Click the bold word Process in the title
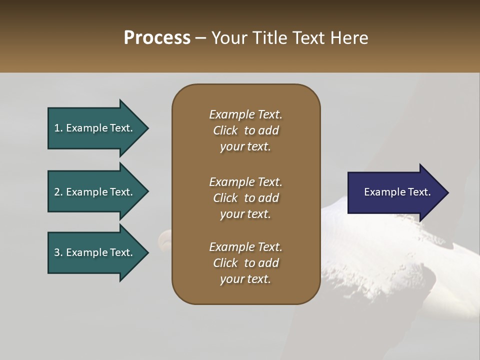tap(157, 38)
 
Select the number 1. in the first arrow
tap(58, 128)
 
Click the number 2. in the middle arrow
tap(58, 192)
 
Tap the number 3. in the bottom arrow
tap(58, 252)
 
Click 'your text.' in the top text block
tap(245, 146)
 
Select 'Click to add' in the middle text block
tap(245, 198)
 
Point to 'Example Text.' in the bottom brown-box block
tap(245, 247)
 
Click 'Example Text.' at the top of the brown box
tap(245, 114)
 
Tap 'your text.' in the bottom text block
tap(245, 279)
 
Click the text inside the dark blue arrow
tap(397, 192)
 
